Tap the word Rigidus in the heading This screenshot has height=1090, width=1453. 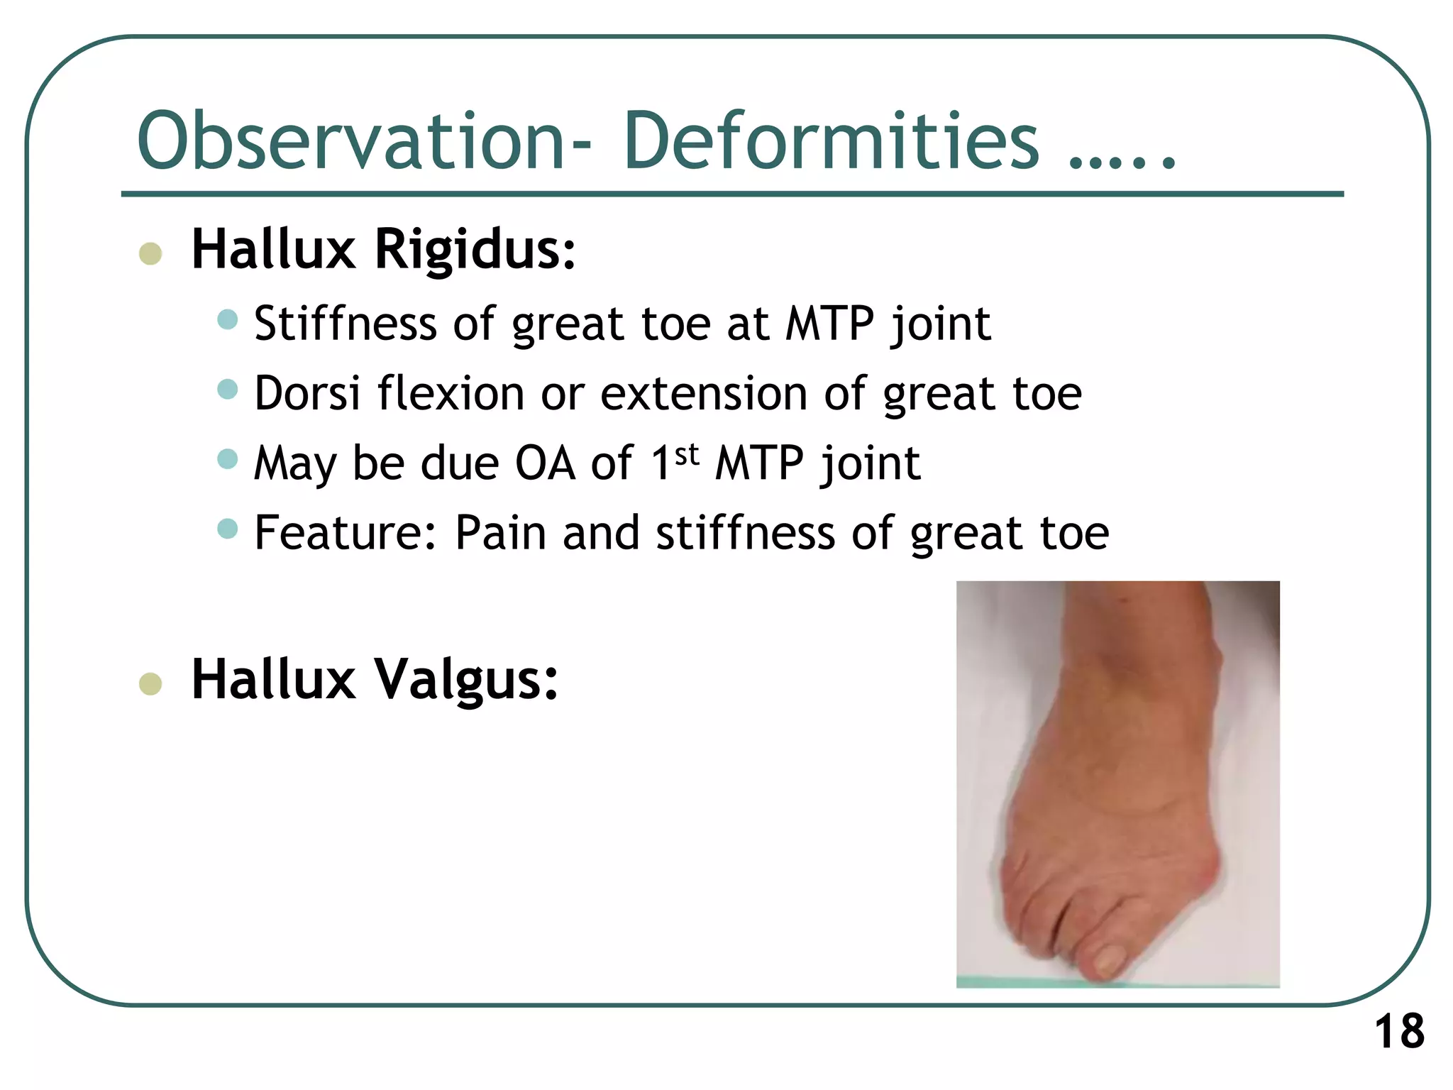click(x=475, y=250)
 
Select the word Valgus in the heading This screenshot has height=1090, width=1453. click(x=465, y=680)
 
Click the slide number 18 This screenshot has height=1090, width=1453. click(x=1399, y=1032)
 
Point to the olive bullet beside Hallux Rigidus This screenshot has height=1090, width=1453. click(x=150, y=253)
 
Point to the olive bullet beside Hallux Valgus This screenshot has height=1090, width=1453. click(x=150, y=683)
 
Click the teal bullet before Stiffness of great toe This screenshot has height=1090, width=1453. click(x=227, y=319)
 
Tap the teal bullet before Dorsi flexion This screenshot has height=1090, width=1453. click(x=227, y=389)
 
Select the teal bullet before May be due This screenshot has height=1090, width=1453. click(x=227, y=458)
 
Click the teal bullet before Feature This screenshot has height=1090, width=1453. click(x=227, y=528)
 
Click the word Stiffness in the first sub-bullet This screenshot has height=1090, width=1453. click(x=345, y=324)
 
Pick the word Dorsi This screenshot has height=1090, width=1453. click(x=307, y=393)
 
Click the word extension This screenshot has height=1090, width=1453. click(x=703, y=393)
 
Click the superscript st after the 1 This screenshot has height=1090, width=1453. click(x=687, y=454)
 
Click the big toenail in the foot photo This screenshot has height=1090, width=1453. click(x=1107, y=962)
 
